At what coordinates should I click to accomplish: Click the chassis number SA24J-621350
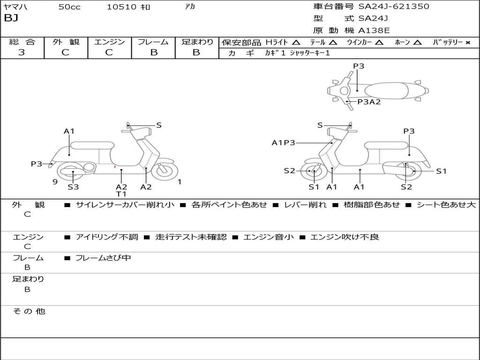[394, 7]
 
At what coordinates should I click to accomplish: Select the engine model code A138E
[374, 30]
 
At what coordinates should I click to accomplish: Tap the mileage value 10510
[121, 7]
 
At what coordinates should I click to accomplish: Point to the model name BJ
[11, 19]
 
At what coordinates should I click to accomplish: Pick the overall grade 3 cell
[22, 52]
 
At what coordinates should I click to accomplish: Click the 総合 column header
[22, 42]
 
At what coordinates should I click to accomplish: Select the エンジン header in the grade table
[109, 42]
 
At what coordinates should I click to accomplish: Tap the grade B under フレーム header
[153, 52]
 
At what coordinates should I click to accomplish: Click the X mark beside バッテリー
[467, 42]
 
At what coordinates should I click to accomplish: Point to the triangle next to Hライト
[296, 42]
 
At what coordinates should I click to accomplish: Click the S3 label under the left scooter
[73, 187]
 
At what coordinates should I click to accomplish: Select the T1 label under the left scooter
[121, 194]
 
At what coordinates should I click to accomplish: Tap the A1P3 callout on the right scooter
[284, 143]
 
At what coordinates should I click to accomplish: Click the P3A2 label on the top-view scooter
[369, 102]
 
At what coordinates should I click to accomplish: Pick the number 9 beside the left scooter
[55, 182]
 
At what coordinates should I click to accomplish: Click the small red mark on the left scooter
[115, 166]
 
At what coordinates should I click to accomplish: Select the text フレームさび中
[103, 258]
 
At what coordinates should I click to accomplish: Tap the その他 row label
[29, 311]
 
